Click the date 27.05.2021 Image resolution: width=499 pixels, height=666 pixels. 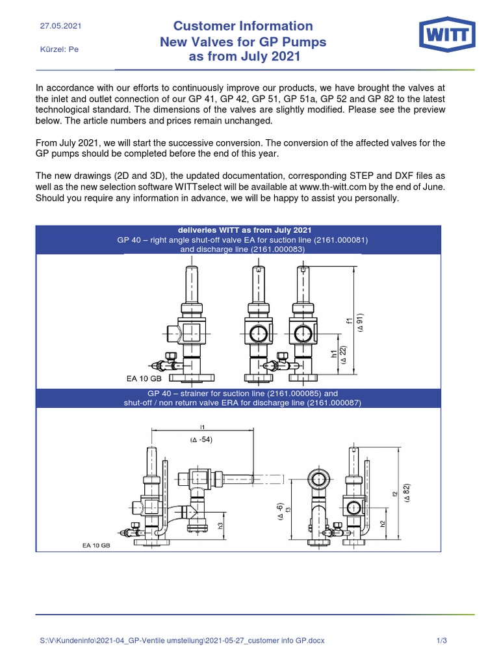click(x=60, y=27)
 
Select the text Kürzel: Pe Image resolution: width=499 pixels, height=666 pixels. click(x=59, y=49)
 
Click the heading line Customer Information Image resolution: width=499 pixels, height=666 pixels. click(x=242, y=26)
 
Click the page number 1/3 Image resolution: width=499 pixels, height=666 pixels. click(x=442, y=641)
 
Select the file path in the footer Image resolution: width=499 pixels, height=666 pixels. click(x=183, y=641)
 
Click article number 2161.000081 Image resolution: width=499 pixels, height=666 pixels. click(x=339, y=239)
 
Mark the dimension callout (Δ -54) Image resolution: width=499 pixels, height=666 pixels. click(x=201, y=440)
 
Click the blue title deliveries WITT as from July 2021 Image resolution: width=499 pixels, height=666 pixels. click(x=238, y=230)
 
